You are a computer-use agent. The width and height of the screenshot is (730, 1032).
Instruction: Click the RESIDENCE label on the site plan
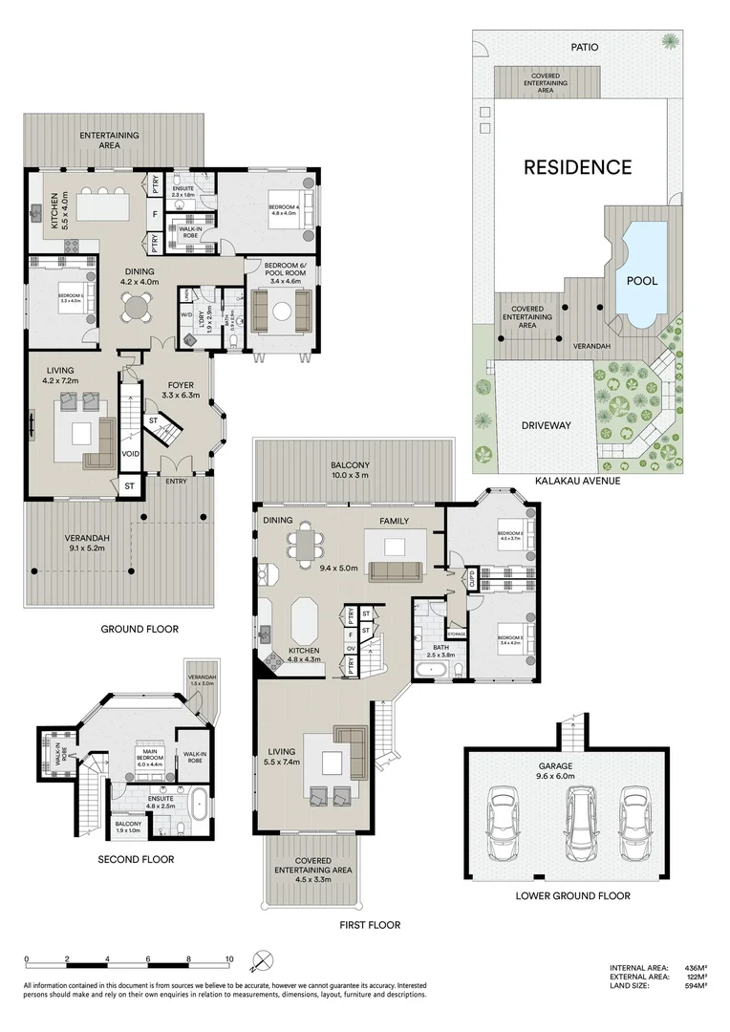[577, 167]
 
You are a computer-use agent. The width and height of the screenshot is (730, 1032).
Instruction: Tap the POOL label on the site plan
[640, 283]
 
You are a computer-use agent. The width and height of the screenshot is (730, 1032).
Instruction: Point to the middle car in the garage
[572, 823]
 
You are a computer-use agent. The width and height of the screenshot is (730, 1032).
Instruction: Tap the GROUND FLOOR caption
[140, 630]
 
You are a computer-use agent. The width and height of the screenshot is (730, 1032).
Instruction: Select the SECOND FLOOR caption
[136, 859]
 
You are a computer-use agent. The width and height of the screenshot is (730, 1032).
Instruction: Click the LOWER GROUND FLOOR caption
[572, 895]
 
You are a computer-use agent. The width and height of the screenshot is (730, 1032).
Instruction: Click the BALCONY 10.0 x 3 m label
[353, 469]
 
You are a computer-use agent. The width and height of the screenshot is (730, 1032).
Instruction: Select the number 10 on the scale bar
[229, 959]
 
